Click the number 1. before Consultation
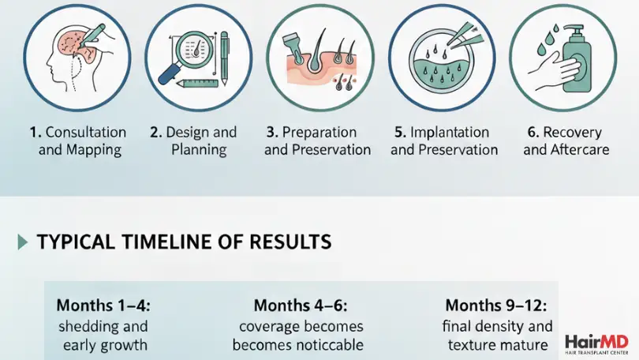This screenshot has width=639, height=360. tap(35, 132)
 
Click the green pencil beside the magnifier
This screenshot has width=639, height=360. tap(224, 58)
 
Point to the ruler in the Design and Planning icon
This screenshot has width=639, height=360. tap(197, 83)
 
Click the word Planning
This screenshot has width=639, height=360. tap(199, 150)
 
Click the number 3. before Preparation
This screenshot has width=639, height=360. tap(273, 132)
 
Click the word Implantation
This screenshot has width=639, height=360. tap(450, 133)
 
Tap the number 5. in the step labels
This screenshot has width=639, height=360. tap(400, 132)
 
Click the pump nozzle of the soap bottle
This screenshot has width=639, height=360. tap(574, 29)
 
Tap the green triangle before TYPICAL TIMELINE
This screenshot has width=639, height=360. tap(23, 242)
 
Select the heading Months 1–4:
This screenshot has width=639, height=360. tap(103, 306)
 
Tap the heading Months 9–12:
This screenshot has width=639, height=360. tap(496, 306)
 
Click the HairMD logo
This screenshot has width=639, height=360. tap(596, 344)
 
